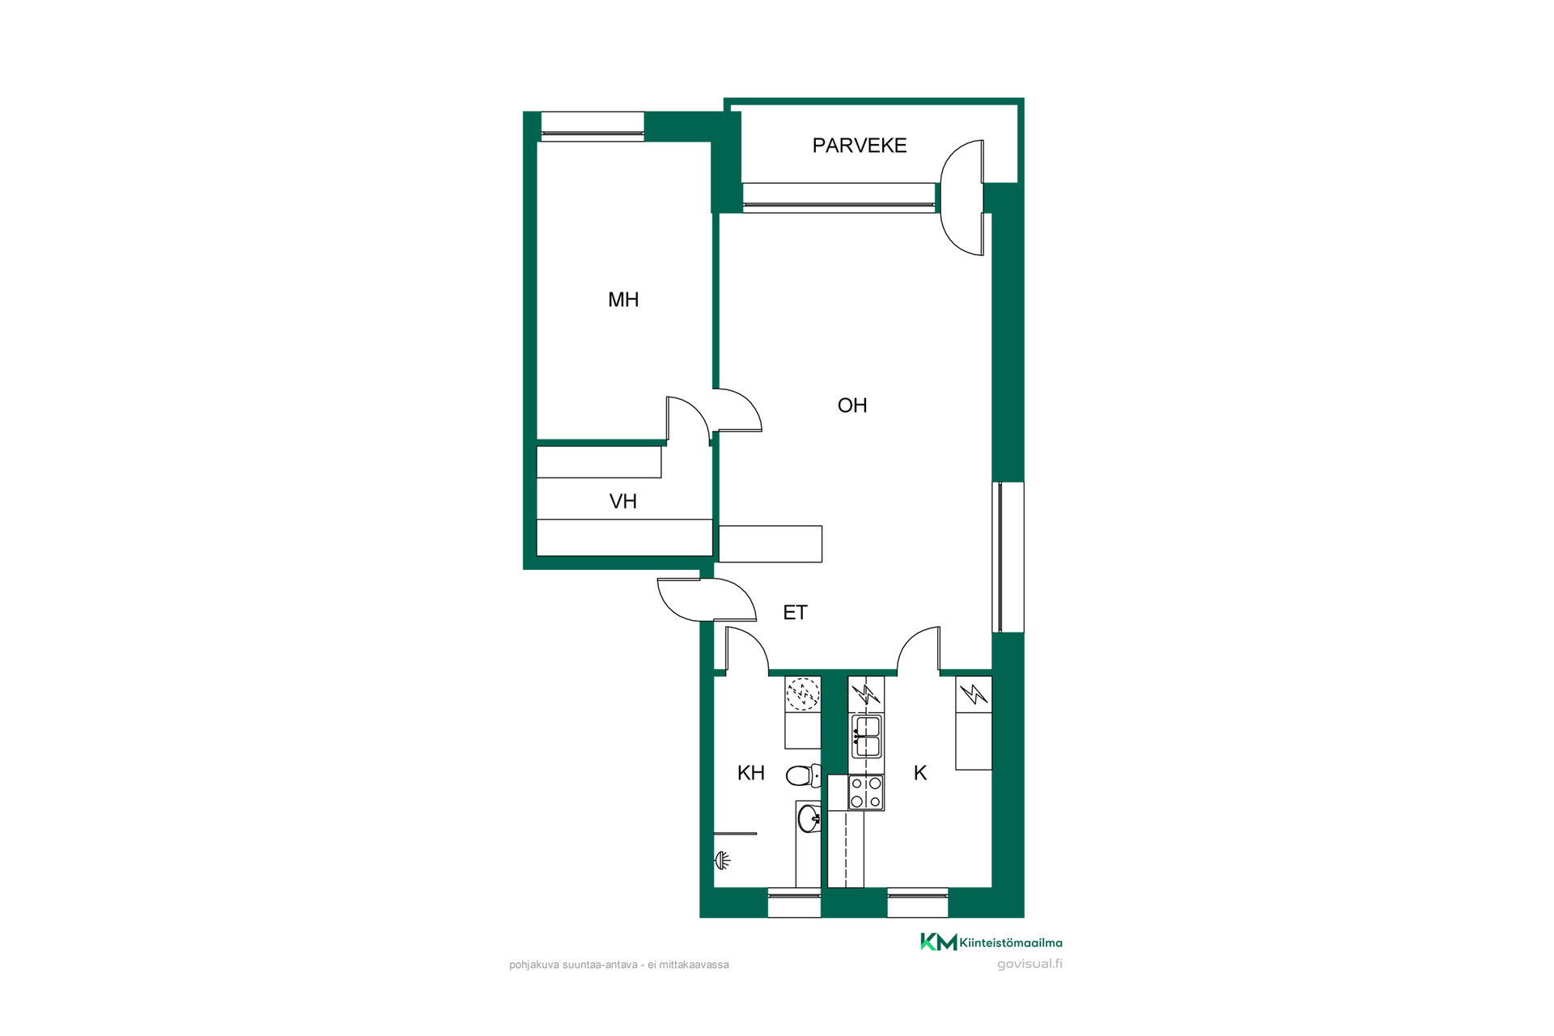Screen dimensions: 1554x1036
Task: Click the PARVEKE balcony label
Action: (x=859, y=146)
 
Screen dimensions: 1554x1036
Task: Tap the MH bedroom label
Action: (x=623, y=300)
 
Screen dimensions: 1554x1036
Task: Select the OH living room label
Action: (x=852, y=405)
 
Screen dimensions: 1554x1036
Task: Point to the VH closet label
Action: (x=623, y=502)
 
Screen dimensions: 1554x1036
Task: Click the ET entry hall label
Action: (x=795, y=613)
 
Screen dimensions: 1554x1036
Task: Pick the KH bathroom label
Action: (x=751, y=773)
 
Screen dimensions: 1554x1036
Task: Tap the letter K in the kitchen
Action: (x=920, y=773)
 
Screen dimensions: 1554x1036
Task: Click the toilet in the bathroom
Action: (x=803, y=775)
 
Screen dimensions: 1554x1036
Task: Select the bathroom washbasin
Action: (x=809, y=817)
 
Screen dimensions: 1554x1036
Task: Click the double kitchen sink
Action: (x=866, y=736)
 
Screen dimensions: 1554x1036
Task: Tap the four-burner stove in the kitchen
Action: (x=866, y=792)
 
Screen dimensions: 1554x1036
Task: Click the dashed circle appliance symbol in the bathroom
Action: (x=803, y=694)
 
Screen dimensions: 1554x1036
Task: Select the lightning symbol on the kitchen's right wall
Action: (x=974, y=694)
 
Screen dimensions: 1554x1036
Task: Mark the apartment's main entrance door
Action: (x=707, y=600)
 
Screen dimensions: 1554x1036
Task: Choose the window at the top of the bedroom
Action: (x=592, y=126)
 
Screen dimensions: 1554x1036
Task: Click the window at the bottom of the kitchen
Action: (x=918, y=902)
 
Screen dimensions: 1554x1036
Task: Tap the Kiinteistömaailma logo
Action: (x=991, y=942)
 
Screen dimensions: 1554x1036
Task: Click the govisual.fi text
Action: (x=1030, y=964)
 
